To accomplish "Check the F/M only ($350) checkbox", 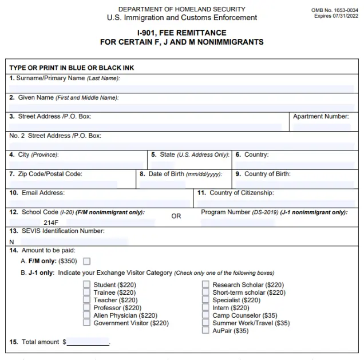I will [87, 262].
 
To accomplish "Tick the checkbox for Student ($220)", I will [86, 285].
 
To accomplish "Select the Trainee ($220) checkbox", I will [86, 292].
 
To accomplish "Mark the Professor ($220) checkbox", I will [86, 308].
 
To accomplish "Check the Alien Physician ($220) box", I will [86, 315].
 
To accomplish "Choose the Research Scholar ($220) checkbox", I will [205, 285].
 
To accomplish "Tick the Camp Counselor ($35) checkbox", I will [205, 315].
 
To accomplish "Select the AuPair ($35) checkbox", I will [205, 331].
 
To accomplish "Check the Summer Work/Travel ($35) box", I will [205, 323].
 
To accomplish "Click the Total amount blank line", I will [88, 342].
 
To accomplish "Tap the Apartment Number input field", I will [321, 126].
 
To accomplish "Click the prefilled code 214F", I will [52, 222].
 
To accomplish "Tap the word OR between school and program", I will [176, 216].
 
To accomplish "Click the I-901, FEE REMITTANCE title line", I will [181, 33].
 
